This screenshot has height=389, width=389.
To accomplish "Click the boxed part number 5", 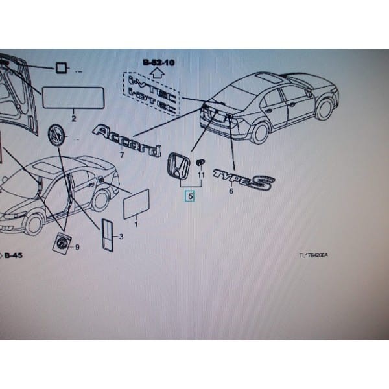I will [x=190, y=195].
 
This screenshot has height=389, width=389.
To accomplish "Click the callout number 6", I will [x=231, y=191].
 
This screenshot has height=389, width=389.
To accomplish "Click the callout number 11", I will [x=201, y=175].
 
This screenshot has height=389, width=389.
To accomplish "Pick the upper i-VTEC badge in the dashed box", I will [x=151, y=82].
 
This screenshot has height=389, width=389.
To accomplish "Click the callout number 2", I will [x=73, y=119].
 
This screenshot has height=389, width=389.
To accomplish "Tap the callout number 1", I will [x=136, y=224].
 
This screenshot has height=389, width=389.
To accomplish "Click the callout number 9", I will [x=77, y=247].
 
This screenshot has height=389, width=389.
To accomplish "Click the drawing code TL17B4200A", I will [x=313, y=255].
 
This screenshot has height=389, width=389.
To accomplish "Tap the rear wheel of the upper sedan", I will [x=259, y=132].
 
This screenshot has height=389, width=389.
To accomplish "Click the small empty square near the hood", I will [x=60, y=67].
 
